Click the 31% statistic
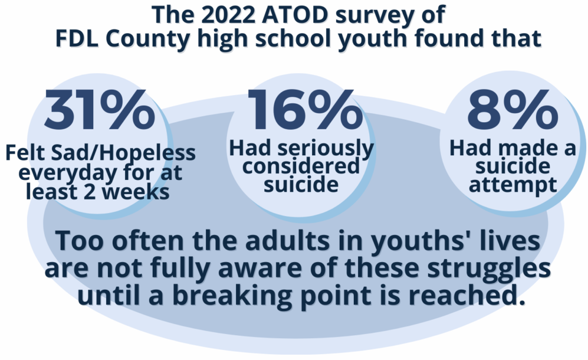(99, 110)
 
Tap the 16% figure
(304, 110)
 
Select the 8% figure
(513, 110)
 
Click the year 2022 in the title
(228, 15)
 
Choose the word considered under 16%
(301, 166)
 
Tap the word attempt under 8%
(513, 185)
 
